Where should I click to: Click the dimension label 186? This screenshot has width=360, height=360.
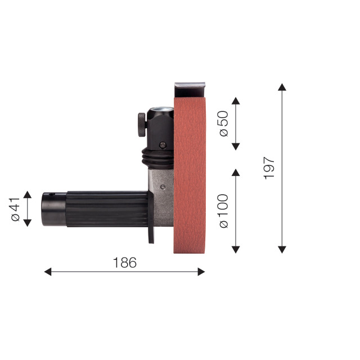point(125,263)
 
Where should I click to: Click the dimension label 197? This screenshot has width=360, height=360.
point(269,168)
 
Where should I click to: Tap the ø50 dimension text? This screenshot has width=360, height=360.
point(224,124)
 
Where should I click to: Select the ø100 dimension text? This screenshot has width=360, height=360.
point(224,211)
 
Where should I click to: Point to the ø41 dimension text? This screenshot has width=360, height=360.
point(15,209)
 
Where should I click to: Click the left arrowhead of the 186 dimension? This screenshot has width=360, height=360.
point(48,272)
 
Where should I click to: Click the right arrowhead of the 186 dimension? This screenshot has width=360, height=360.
point(201,272)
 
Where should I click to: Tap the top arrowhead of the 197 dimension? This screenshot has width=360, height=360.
point(282,87)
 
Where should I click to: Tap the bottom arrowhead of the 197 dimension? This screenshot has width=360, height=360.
point(282,250)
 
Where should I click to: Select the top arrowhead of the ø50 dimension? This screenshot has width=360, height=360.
point(236,101)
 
